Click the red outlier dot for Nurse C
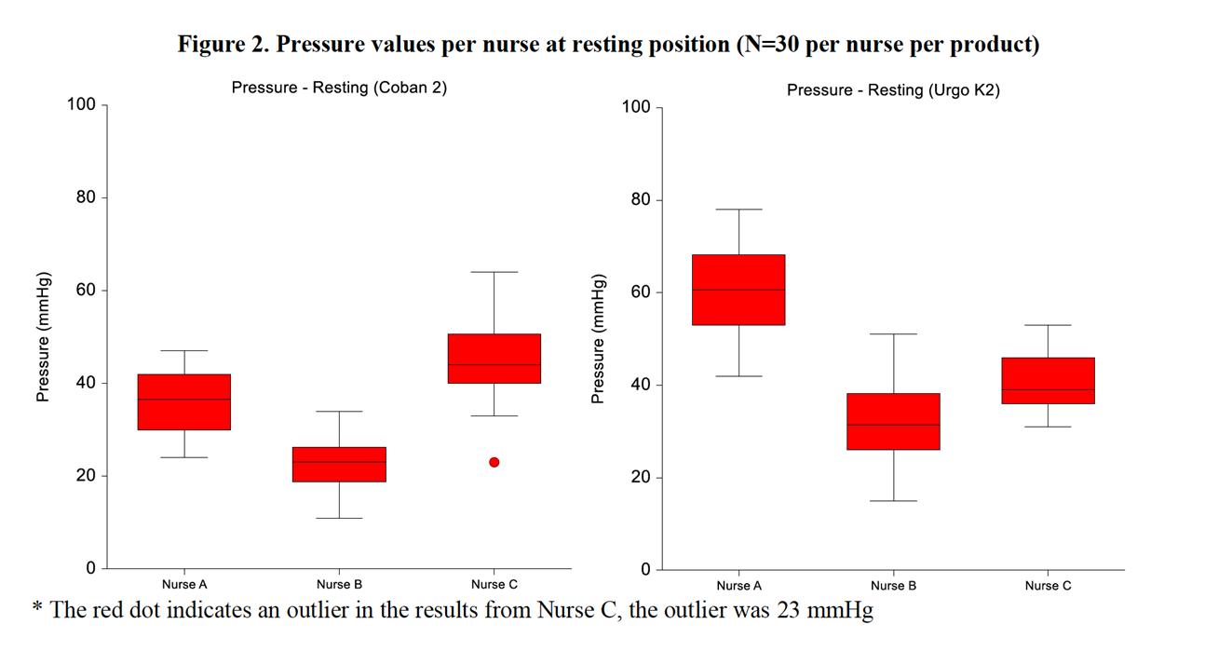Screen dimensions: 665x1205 click(x=494, y=462)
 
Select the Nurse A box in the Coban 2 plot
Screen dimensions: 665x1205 click(x=184, y=401)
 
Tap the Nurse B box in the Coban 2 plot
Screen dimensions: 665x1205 click(x=339, y=464)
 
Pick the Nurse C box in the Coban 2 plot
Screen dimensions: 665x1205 click(x=494, y=359)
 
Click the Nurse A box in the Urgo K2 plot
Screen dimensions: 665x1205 click(x=738, y=290)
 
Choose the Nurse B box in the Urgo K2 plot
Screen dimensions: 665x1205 click(x=893, y=421)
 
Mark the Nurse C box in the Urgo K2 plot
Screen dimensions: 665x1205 click(x=1048, y=381)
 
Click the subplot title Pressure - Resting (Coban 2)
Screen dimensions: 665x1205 click(x=339, y=88)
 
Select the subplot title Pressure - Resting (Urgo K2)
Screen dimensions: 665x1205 click(x=893, y=90)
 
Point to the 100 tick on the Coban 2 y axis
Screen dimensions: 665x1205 click(x=82, y=104)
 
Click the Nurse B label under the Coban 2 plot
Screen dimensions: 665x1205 click(x=339, y=585)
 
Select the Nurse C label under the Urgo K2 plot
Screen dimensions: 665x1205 click(x=1048, y=586)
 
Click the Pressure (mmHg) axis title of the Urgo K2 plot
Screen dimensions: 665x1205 click(x=598, y=339)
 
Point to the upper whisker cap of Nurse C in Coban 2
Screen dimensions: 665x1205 click(x=494, y=272)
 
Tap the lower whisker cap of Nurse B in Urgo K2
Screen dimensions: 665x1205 click(x=893, y=501)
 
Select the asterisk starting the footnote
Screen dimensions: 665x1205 click(x=37, y=610)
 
